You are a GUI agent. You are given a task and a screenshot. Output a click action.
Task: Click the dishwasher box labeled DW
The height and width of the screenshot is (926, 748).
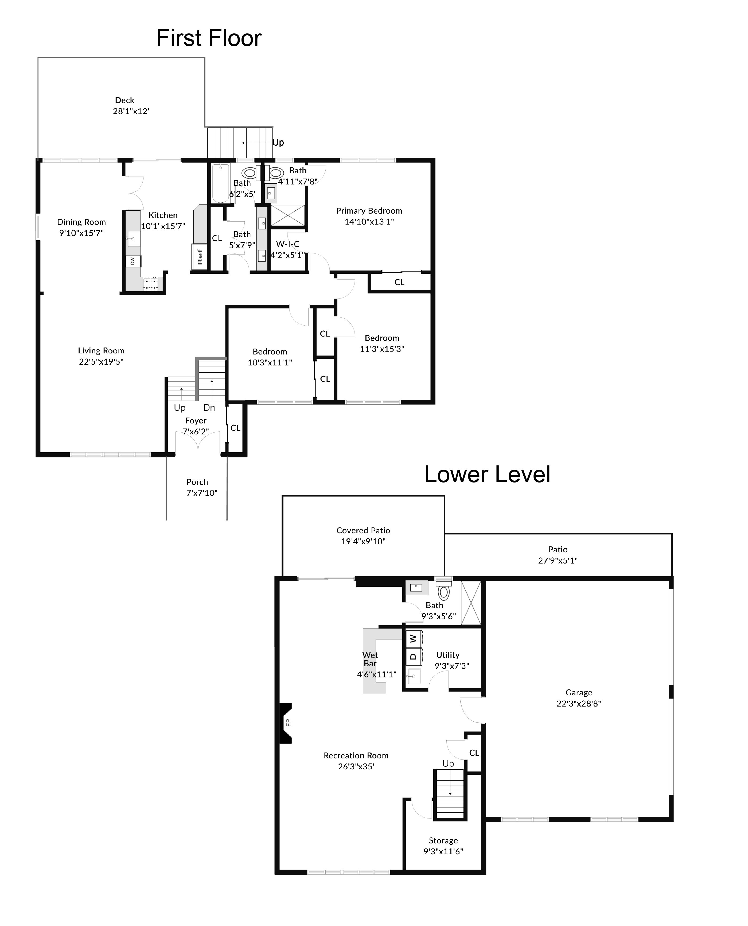point(133,261)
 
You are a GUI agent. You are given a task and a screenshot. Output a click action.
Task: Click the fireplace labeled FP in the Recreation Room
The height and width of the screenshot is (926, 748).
point(287,723)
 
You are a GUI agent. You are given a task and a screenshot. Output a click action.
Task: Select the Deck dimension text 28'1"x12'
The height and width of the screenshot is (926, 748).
point(131,111)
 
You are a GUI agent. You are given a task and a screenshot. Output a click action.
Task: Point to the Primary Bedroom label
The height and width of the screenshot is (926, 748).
point(369,211)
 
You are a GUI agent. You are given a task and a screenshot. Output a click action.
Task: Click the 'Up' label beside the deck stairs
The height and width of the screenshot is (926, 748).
point(278,143)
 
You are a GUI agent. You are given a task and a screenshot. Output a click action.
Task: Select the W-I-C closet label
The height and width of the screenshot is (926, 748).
point(287,244)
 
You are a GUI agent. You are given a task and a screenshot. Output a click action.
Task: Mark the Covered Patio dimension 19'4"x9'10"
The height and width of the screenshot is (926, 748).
point(363,542)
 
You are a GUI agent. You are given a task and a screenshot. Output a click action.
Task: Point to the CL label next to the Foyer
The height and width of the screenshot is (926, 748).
point(235,428)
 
